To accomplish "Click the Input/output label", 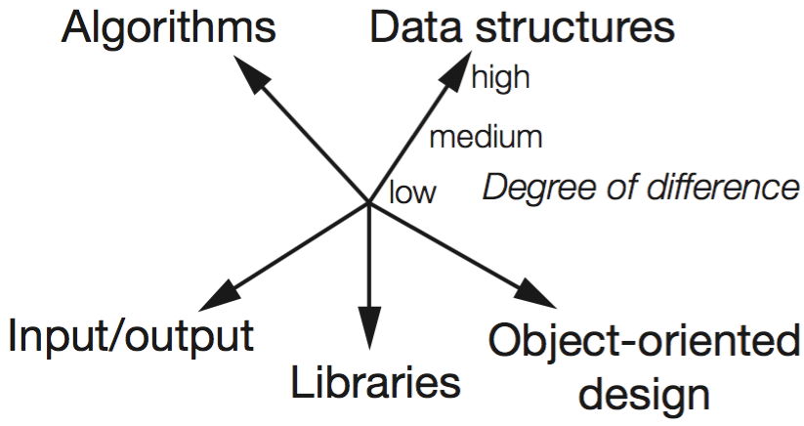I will click(x=131, y=336).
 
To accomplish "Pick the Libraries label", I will click(x=375, y=382).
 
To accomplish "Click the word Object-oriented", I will click(x=643, y=343).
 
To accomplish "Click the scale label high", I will click(x=500, y=77).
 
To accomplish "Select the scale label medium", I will click(x=486, y=136).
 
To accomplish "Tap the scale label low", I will click(x=412, y=192).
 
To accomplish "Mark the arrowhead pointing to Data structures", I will click(x=457, y=65).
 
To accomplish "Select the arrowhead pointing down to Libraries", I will click(x=369, y=328).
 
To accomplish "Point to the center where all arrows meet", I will click(x=369, y=203).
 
